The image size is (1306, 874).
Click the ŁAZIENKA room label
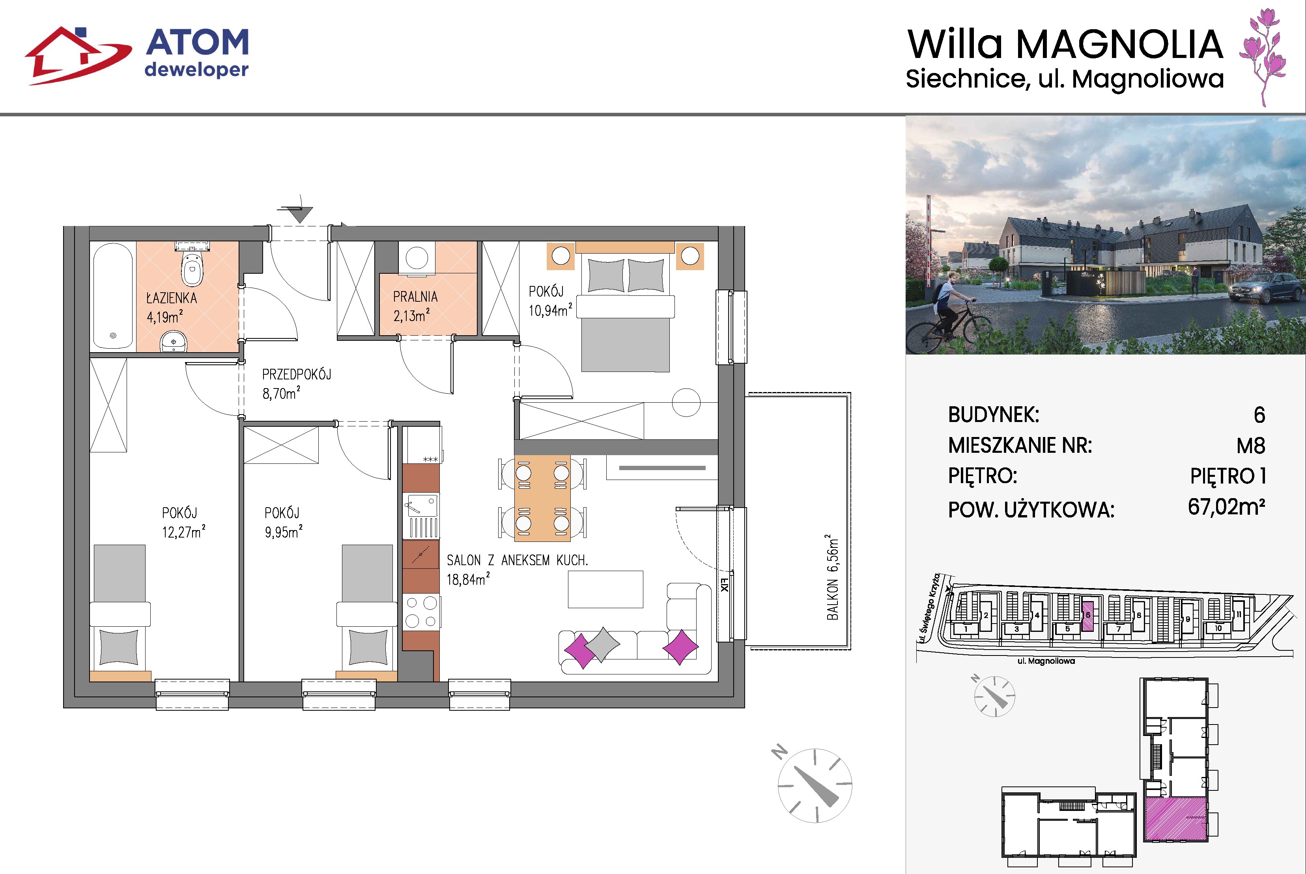coord(172,298)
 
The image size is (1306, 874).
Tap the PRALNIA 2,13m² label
coord(415,306)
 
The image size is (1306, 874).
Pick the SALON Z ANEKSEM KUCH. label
coord(517,560)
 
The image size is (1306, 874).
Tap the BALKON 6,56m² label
coord(831,577)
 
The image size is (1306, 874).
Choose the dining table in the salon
coord(542,498)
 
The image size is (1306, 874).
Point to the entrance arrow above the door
coord(300,212)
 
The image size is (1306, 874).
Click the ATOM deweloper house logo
coord(78,56)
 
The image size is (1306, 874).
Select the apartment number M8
coord(1251,446)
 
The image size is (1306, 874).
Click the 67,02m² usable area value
coord(1226,507)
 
